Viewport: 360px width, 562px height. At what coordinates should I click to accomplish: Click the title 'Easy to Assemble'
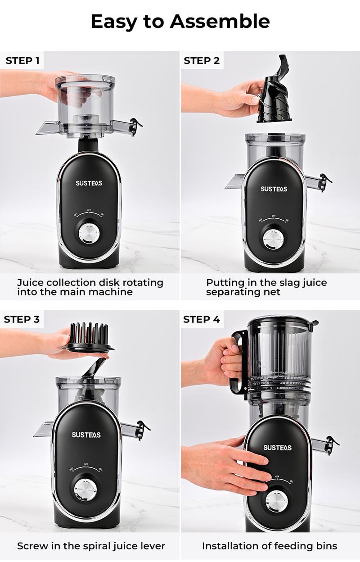(x=180, y=21)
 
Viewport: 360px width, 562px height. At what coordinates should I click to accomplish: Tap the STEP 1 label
(x=22, y=60)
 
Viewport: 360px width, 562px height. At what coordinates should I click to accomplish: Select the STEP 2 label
(x=202, y=60)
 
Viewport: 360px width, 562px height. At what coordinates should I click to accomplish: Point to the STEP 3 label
(x=22, y=320)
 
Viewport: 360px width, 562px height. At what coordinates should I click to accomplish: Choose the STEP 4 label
(x=202, y=320)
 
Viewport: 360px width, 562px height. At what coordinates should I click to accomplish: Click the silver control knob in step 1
(x=90, y=234)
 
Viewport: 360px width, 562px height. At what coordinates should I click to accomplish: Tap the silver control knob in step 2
(x=273, y=240)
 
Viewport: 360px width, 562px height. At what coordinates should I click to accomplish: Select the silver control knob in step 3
(x=86, y=490)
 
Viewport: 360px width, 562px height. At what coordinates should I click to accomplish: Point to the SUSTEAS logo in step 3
(x=86, y=435)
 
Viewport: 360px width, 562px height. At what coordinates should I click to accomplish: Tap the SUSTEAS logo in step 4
(x=277, y=447)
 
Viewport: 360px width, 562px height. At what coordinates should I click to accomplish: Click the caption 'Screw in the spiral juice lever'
(x=91, y=546)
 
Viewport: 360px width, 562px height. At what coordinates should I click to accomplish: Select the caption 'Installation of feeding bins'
(x=269, y=546)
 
